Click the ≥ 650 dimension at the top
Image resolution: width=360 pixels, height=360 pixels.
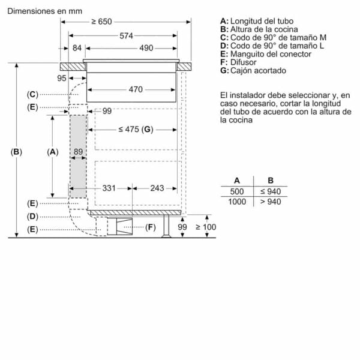101,22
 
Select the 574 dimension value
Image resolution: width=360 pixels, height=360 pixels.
126,36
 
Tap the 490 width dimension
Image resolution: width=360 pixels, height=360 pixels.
146,48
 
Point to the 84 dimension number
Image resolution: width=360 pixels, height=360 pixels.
77,48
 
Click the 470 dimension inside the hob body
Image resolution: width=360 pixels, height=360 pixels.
136,89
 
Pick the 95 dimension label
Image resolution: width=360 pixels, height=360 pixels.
62,78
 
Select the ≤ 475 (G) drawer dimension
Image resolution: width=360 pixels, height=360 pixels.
136,130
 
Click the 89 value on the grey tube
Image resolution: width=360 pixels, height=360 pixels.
78,152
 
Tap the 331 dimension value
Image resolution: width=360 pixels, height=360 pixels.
109,188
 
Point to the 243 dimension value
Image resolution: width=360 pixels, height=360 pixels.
157,188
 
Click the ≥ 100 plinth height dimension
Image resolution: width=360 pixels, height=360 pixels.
206,227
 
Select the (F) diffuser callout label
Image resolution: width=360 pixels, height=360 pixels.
151,227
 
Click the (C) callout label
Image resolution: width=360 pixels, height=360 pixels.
32,94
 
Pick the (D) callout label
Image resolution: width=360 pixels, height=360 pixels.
32,217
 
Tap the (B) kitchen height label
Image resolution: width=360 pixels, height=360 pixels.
16,152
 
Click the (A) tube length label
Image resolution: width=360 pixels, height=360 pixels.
53,152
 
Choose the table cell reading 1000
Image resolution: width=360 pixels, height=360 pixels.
237,202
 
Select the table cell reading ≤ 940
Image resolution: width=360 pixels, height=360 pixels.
271,191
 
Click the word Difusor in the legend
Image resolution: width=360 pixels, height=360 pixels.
244,62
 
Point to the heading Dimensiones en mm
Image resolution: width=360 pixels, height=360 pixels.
45,11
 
